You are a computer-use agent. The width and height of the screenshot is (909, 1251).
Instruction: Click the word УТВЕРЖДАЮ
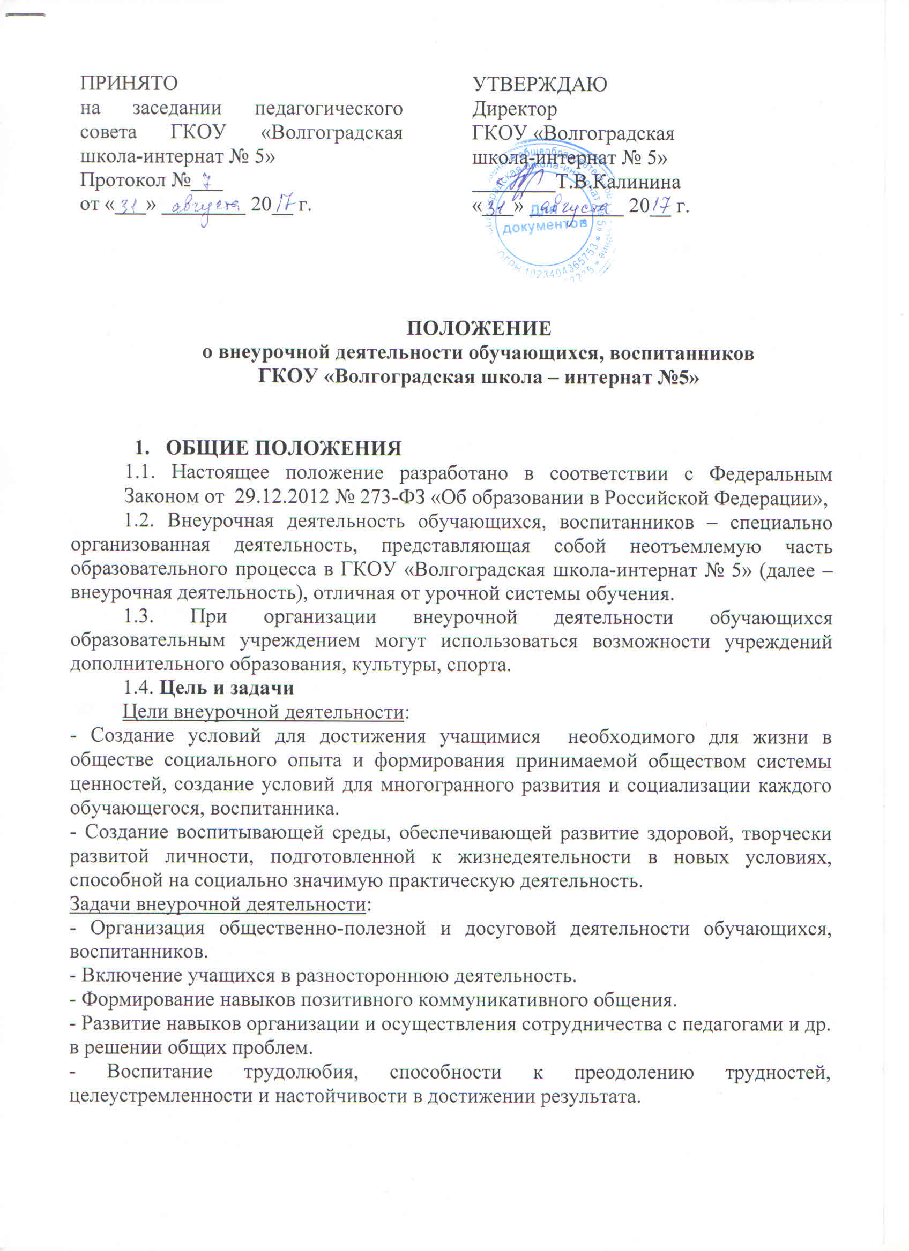[x=540, y=84]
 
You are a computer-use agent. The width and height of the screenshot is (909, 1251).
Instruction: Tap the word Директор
[x=515, y=109]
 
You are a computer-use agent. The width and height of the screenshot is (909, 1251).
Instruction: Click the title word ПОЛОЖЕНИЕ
[x=479, y=328]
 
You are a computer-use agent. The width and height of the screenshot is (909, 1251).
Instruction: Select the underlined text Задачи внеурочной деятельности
[x=218, y=905]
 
